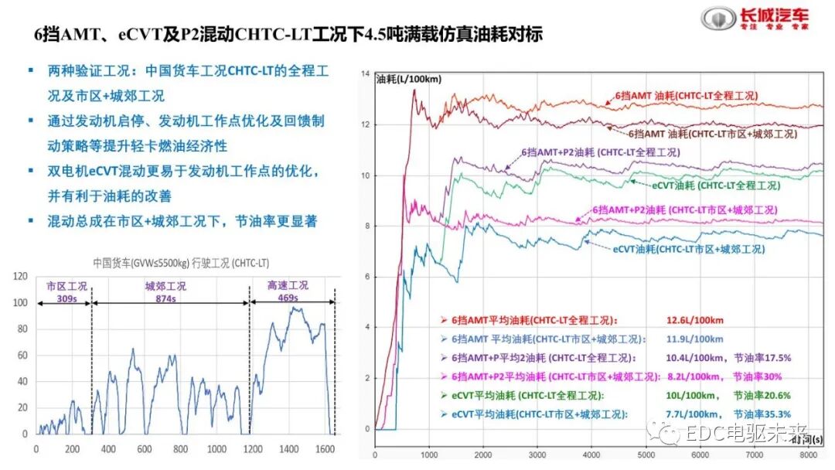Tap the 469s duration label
pyautogui.click(x=288, y=298)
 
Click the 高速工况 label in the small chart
pyautogui.click(x=288, y=286)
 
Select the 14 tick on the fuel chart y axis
pyautogui.click(x=366, y=74)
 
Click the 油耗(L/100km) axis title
pyautogui.click(x=408, y=79)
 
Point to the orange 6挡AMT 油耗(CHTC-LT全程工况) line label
pyautogui.click(x=686, y=97)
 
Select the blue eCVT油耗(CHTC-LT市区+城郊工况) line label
pyautogui.click(x=688, y=249)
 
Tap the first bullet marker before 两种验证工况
pyautogui.click(x=29, y=70)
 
